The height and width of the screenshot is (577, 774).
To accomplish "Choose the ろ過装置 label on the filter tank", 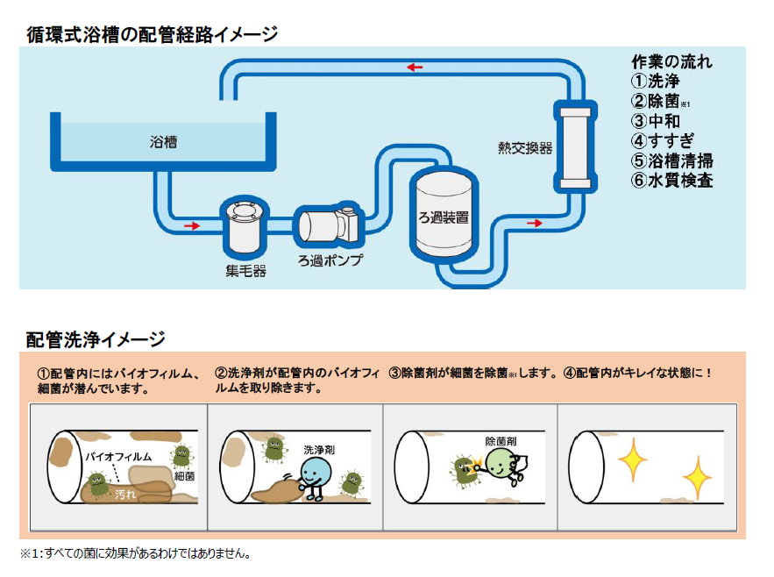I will [x=444, y=217].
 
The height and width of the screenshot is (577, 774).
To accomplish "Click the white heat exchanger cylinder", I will [x=575, y=146].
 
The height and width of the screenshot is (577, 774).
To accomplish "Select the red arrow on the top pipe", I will [x=415, y=68].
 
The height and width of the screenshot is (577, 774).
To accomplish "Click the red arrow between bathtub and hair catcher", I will [x=191, y=226].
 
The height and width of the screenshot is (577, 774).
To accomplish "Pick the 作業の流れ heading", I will [x=671, y=62].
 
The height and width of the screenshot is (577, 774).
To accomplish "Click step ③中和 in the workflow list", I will [x=656, y=122].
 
